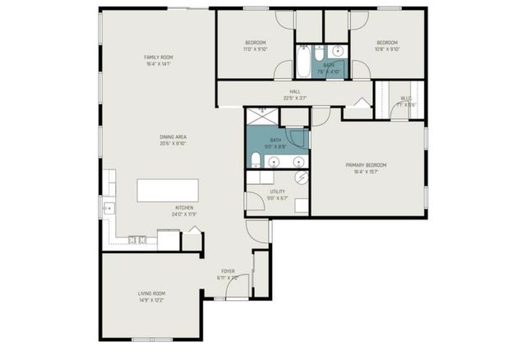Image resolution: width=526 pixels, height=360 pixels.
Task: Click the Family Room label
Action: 159,57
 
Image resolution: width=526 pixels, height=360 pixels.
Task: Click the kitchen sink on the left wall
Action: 107,210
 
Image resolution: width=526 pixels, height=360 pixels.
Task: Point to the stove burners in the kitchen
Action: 137,240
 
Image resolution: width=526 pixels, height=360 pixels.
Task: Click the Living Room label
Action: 151,293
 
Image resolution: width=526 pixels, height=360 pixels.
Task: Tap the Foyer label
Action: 228,271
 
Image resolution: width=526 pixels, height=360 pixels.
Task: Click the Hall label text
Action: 295,92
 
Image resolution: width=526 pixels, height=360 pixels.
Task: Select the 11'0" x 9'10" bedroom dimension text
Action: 255,49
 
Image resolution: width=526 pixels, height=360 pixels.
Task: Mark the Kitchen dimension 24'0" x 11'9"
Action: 184,214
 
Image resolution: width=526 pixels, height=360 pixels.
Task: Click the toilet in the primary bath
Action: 256,159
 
